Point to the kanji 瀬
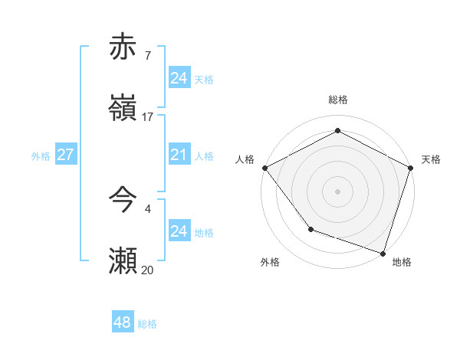(123, 260)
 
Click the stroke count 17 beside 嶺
(148, 117)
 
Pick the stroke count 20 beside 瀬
(148, 270)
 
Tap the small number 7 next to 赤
(147, 56)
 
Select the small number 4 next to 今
(147, 208)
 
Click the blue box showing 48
(123, 322)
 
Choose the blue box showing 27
(66, 155)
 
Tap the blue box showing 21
(179, 155)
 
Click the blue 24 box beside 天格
(179, 78)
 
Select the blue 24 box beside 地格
(179, 231)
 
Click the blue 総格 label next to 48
(147, 324)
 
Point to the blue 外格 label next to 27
(41, 156)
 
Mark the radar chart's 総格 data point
(337, 131)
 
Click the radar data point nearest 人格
(264, 168)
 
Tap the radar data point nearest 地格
(383, 252)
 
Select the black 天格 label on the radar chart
(431, 159)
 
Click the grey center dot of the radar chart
(337, 191)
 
